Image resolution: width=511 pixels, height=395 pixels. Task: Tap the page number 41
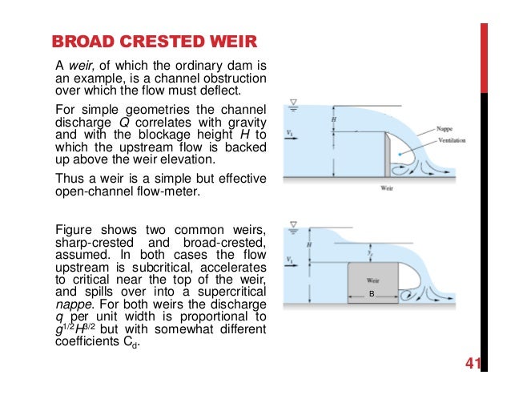click(471, 365)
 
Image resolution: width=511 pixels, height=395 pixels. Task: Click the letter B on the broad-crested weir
click(372, 295)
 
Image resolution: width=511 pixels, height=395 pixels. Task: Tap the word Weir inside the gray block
click(372, 280)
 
